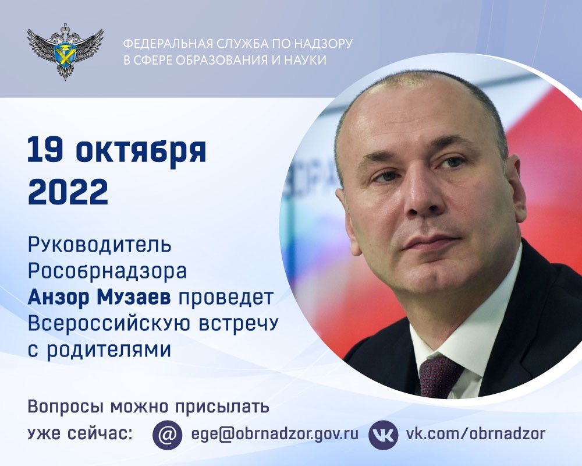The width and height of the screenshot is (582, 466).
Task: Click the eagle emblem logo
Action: tap(65, 51)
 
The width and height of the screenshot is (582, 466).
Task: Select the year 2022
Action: tap(68, 191)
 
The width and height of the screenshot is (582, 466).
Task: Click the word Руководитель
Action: tap(100, 245)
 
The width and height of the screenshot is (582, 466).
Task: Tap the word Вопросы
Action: tap(61, 406)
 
